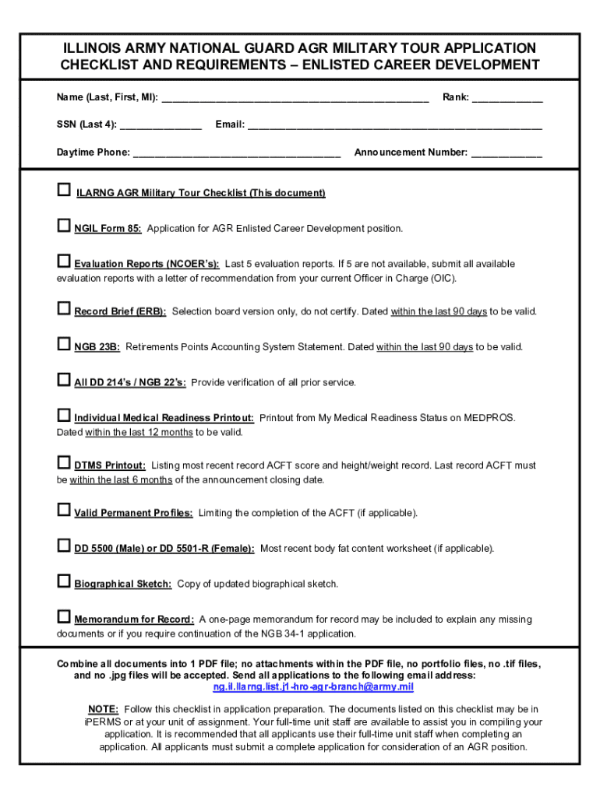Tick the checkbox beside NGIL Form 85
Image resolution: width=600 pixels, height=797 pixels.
(64, 226)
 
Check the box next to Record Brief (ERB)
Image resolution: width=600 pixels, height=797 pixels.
(64, 309)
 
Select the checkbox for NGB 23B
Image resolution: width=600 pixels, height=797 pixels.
(64, 344)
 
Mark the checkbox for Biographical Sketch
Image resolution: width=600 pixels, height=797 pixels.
(64, 581)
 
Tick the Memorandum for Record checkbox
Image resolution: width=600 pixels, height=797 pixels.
(64, 617)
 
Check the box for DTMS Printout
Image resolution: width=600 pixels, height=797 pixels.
(64, 463)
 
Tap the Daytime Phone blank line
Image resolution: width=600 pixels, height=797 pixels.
(237, 154)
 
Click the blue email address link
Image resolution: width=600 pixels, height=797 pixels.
(313, 687)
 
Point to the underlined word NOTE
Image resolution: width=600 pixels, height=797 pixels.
(103, 710)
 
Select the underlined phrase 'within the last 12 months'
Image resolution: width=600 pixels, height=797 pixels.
(139, 432)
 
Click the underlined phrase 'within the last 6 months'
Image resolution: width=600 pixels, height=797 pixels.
(121, 479)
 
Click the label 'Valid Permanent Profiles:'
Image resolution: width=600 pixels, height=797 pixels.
(133, 513)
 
